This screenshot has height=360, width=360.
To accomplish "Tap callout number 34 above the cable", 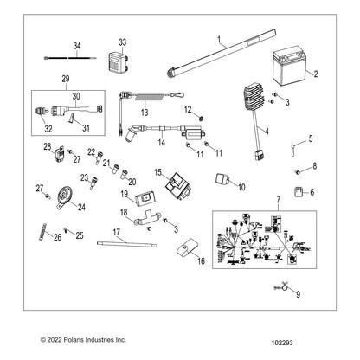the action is [77, 46].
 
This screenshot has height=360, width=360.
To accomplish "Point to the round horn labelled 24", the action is [65, 196].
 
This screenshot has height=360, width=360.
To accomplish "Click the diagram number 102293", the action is [282, 343].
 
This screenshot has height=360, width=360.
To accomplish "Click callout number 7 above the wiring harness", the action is [278, 199].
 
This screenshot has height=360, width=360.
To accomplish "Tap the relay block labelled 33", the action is [118, 61].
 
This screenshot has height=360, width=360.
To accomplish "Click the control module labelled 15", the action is [177, 185].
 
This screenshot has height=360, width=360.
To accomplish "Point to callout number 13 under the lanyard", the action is [145, 112].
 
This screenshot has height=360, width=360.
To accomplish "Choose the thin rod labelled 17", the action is [127, 245].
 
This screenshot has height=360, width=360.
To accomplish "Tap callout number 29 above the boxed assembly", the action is [66, 79].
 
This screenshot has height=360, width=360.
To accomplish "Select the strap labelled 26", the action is [43, 232].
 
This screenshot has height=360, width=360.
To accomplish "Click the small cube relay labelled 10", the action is [222, 180].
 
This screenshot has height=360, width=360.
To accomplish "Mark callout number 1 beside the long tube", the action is [219, 39].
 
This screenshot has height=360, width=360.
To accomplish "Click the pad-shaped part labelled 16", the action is [187, 247].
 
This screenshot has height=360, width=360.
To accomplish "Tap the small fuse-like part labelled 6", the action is [298, 192].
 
